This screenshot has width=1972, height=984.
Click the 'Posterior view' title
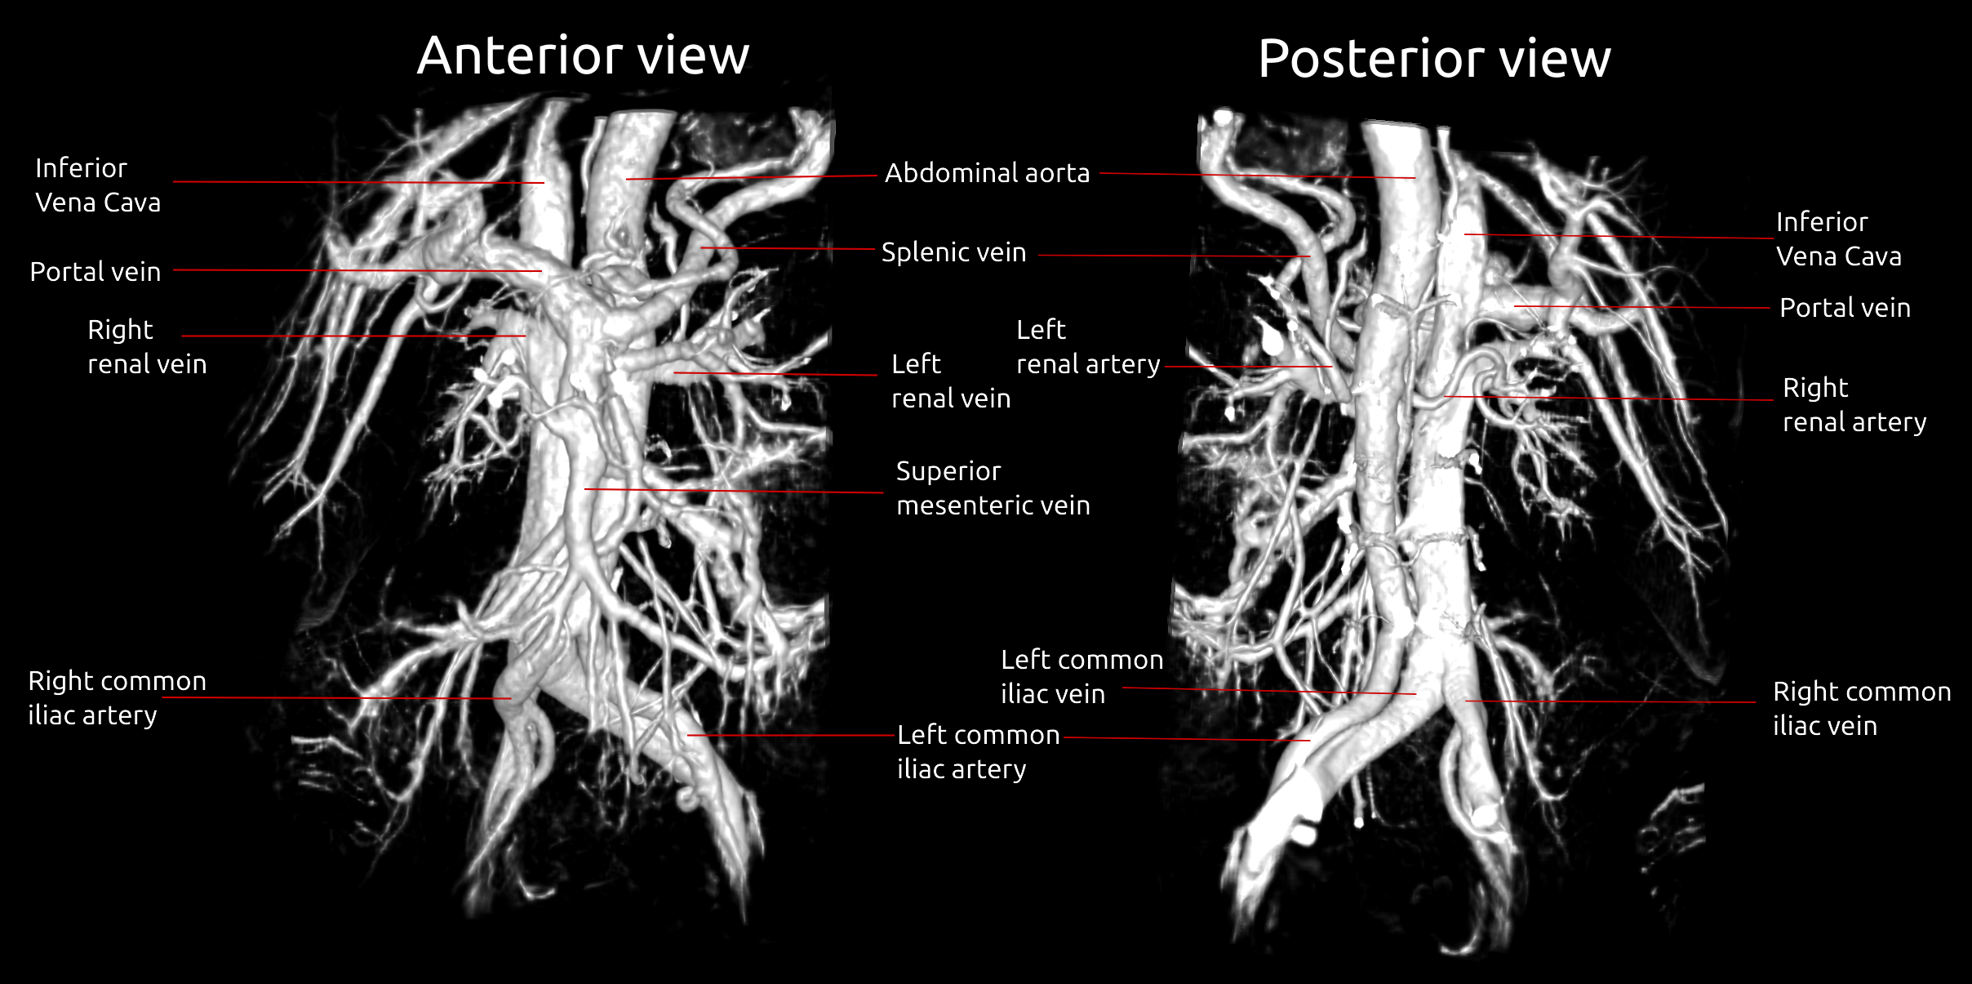(1434, 59)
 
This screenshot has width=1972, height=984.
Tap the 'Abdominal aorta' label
(987, 173)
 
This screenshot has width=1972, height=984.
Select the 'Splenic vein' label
(953, 252)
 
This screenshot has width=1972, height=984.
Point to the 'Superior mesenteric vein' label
(993, 488)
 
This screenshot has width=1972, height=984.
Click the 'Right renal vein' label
(147, 347)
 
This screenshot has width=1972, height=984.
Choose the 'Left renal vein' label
(951, 381)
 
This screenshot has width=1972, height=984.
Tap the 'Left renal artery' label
(1087, 347)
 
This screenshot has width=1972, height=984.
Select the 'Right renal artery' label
(1854, 405)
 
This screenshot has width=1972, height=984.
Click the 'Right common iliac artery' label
(117, 698)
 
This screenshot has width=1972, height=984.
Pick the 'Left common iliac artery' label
(978, 752)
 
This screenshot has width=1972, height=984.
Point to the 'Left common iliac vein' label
(1081, 677)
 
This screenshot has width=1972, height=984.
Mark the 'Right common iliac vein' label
(1861, 709)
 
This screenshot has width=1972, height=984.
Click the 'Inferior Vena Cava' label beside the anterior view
(98, 185)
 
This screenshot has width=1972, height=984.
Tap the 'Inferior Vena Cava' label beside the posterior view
(1838, 239)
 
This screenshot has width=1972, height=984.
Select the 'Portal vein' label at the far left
(95, 272)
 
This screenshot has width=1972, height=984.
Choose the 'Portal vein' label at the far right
(1845, 308)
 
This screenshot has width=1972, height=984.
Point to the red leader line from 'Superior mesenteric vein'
(735, 491)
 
